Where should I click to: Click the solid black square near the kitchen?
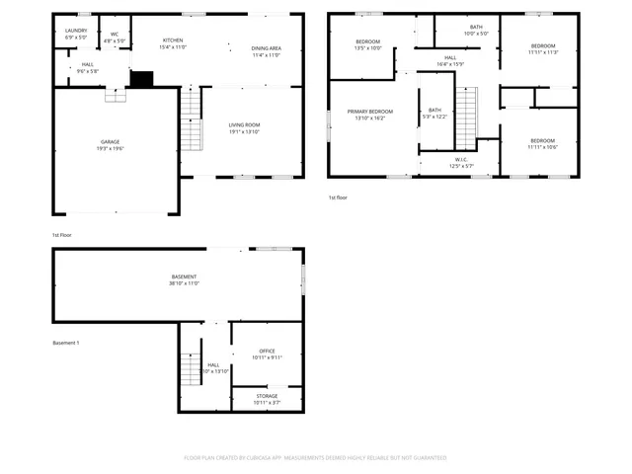[x=142, y=78]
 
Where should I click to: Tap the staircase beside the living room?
[x=191, y=119]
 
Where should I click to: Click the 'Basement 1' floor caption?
[x=65, y=343]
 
